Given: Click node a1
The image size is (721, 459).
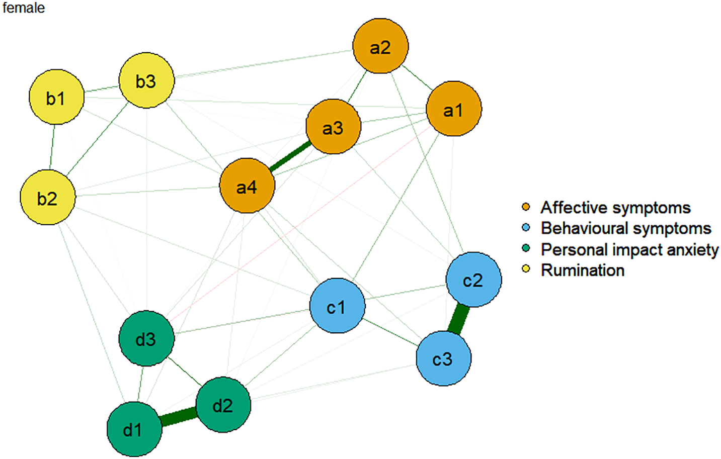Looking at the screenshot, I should tap(453, 109).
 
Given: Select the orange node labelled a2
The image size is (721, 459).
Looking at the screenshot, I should tap(380, 46).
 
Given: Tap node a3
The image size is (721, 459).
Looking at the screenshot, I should tap(333, 127).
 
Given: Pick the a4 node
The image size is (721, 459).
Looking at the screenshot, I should tap(247, 186).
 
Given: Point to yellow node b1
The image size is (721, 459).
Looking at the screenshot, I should tap(56, 97).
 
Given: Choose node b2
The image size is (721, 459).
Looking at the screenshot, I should tap(48, 198).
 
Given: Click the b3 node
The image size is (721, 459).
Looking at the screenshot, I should tap(146, 80).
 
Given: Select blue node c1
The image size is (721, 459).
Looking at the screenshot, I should tap(337, 306).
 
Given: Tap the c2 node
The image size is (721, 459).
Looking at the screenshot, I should tap(473, 280).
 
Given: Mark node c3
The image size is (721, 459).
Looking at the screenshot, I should tap(443, 358).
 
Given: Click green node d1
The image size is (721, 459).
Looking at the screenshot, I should tap(134, 429).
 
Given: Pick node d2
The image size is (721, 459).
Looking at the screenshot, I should tap(223, 404).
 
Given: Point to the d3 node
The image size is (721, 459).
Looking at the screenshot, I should tap(146, 339).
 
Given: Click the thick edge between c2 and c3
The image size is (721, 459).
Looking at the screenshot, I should tap(459, 319).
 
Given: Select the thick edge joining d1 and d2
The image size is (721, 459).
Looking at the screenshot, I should tap(179, 417).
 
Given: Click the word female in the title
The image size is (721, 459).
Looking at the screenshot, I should tap(24, 8).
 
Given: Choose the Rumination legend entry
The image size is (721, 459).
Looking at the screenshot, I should tap(582, 270).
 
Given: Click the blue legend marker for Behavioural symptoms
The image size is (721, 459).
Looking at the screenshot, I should tap(526, 228).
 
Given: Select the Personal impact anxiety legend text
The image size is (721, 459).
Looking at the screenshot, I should tap(629, 249).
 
